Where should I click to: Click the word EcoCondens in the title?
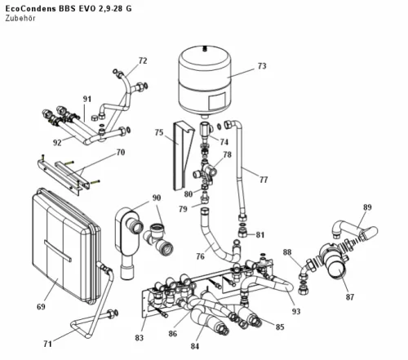point(31,9)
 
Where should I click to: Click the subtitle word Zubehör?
point(20,19)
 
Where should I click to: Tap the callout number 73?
point(262,66)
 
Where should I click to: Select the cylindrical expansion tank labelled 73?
point(205,82)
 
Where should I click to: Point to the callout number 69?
point(41,307)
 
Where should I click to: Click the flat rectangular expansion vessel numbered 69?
point(66,245)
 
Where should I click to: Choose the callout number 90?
point(157,198)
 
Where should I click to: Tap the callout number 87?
point(350,297)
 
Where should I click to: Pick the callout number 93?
point(296,311)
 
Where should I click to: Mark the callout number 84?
point(195,346)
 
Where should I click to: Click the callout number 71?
point(47,344)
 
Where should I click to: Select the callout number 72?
point(143,61)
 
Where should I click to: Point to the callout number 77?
point(264,180)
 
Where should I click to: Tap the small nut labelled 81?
point(242,233)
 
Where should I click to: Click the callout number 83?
point(139,338)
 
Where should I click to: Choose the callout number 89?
point(367,207)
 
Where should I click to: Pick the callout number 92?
point(57,142)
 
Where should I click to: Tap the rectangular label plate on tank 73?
point(217,101)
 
